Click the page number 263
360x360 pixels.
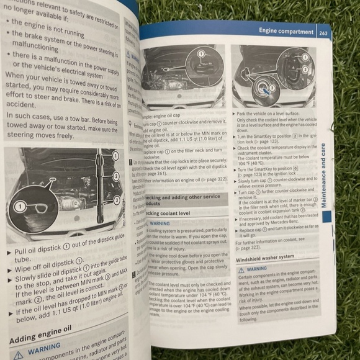coord(323,34)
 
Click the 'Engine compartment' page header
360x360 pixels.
coord(286,32)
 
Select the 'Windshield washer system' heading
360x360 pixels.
coord(266,256)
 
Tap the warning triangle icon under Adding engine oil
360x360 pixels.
coord(19,353)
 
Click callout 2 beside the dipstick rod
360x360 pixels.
coord(115,177)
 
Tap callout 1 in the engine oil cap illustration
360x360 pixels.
coord(201,55)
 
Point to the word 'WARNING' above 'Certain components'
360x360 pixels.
coord(257,269)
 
